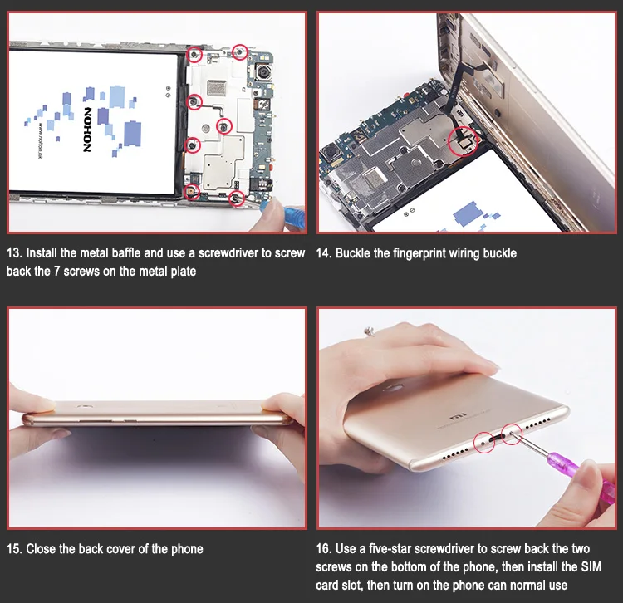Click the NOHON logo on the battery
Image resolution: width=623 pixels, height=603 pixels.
pyautogui.click(x=87, y=130)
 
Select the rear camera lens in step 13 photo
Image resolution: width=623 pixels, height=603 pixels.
pyautogui.click(x=263, y=73)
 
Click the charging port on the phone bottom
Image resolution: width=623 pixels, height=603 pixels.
pyautogui.click(x=498, y=439)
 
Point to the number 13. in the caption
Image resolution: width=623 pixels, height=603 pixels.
pyautogui.click(x=14, y=253)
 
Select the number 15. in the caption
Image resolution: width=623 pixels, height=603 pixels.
pyautogui.click(x=14, y=549)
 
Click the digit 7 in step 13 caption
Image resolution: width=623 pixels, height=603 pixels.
pyautogui.click(x=56, y=272)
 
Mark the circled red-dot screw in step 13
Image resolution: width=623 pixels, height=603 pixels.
pyautogui.click(x=192, y=192)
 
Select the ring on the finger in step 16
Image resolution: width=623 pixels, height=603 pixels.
pyautogui.click(x=370, y=331)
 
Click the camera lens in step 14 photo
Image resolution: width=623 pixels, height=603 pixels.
pyautogui.click(x=331, y=153)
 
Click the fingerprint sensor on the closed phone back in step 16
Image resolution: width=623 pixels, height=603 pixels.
pyautogui.click(x=391, y=387)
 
